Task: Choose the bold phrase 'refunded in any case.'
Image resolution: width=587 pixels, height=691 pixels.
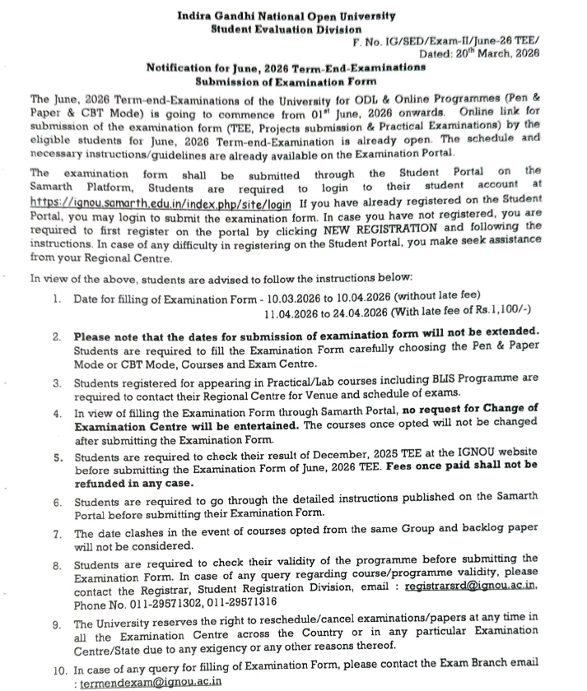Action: click(133, 483)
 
